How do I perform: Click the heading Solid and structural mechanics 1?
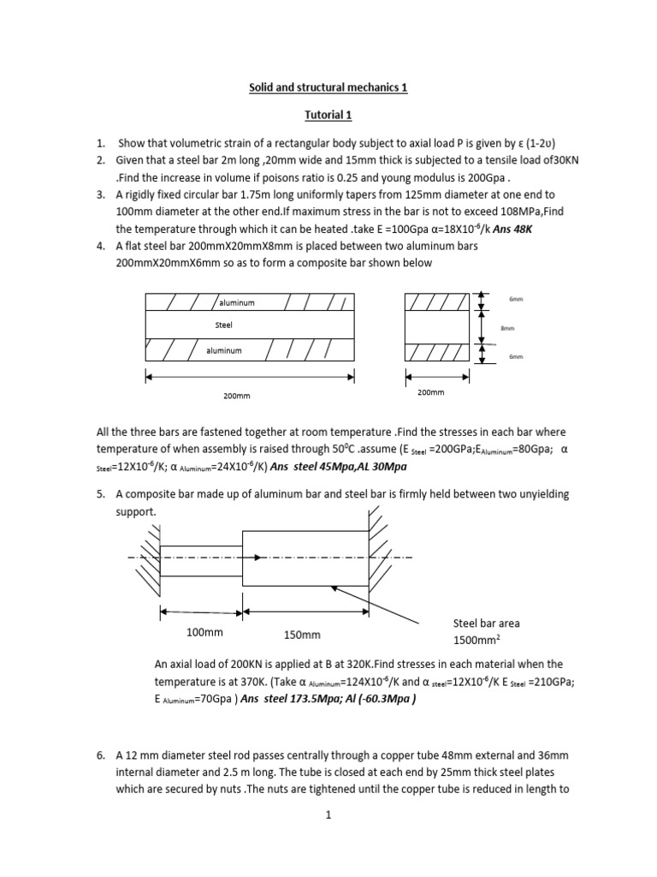click(x=328, y=88)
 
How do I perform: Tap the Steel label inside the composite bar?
click(x=223, y=325)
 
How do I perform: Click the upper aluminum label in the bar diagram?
click(x=237, y=303)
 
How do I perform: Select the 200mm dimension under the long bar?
click(x=237, y=396)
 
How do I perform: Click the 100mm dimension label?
click(x=204, y=633)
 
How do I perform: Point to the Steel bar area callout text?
click(x=486, y=623)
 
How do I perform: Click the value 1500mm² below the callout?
click(x=476, y=641)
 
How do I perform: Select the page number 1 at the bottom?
click(x=328, y=817)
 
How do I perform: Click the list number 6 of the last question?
click(x=100, y=756)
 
